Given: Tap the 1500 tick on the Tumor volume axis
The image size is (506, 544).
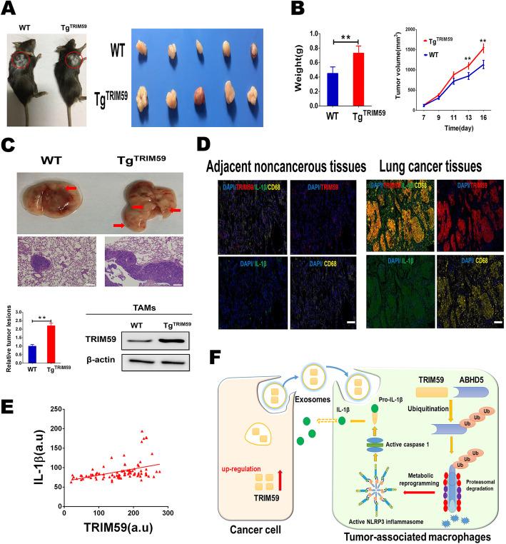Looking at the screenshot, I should [x=407, y=49].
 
